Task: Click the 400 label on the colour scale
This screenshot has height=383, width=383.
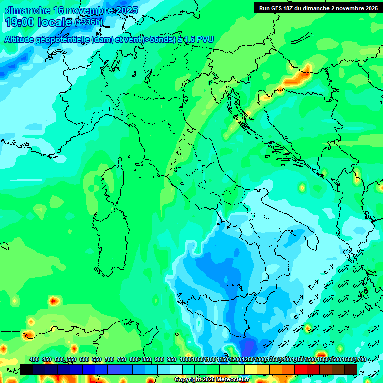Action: click(x=34, y=359)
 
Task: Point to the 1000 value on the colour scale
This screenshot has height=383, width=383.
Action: click(x=186, y=359)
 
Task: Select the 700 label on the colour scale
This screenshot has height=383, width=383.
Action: click(x=109, y=359)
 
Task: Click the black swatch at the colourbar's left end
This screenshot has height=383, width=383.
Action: click(x=26, y=369)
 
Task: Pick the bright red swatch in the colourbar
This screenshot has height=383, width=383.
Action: click(x=301, y=369)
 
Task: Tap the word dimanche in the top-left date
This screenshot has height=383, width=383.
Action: click(x=27, y=10)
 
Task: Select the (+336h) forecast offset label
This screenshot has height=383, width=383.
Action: click(x=89, y=22)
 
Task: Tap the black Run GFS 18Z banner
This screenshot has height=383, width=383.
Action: click(x=318, y=8)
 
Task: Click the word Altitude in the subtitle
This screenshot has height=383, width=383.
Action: click(x=21, y=39)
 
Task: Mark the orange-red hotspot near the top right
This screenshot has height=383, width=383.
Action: click(x=298, y=76)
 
